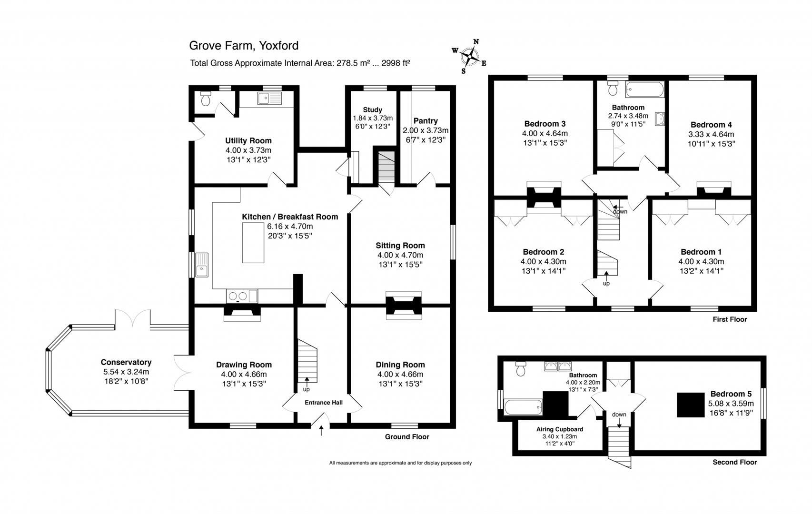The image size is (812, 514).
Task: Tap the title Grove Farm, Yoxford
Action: pyautogui.click(x=244, y=46)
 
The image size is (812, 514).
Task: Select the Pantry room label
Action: pyautogui.click(x=426, y=121)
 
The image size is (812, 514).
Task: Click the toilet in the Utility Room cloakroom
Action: pyautogui.click(x=206, y=99)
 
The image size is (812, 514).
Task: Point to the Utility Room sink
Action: pyautogui.click(x=269, y=99)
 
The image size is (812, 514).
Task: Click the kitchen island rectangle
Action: pyautogui.click(x=253, y=243)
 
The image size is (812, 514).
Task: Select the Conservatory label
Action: pyautogui.click(x=126, y=363)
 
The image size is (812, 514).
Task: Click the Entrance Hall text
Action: pyautogui.click(x=324, y=403)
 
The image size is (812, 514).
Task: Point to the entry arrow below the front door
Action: pyautogui.click(x=321, y=431)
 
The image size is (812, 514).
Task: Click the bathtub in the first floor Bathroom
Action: pyautogui.click(x=644, y=89)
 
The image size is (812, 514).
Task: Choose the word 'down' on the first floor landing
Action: pyautogui.click(x=620, y=211)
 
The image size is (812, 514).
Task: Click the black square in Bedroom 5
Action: pyautogui.click(x=691, y=405)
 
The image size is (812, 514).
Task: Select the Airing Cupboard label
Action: pyautogui.click(x=560, y=429)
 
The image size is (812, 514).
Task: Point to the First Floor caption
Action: pyautogui.click(x=730, y=319)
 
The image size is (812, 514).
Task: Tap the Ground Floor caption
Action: pyautogui.click(x=407, y=437)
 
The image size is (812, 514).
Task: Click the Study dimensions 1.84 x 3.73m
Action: pyautogui.click(x=373, y=119)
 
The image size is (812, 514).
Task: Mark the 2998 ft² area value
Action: pyautogui.click(x=393, y=63)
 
